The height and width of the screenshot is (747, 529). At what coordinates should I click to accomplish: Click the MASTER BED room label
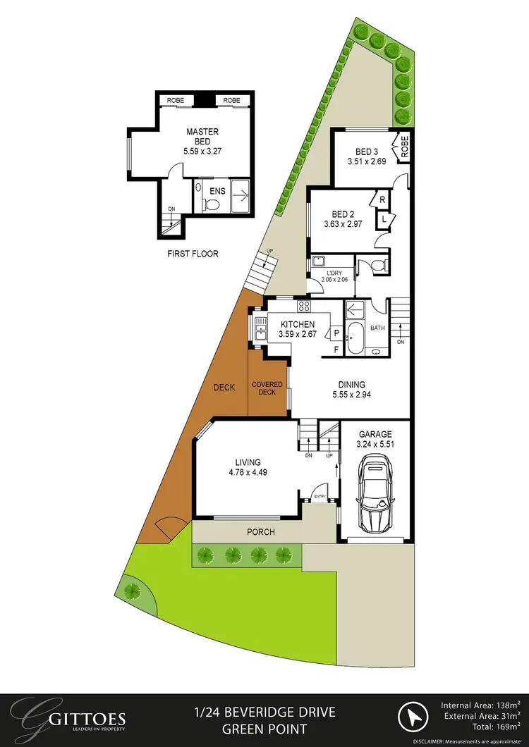(202, 136)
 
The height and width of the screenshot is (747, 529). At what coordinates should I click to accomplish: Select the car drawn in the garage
(374, 493)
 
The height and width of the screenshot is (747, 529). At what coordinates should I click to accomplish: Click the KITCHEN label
(297, 324)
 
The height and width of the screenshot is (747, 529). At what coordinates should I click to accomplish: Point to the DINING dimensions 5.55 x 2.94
(351, 395)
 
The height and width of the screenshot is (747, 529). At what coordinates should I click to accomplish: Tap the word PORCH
(260, 532)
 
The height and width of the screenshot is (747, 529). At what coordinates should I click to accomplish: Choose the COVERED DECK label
(267, 388)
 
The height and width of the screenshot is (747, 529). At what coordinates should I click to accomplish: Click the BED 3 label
(367, 152)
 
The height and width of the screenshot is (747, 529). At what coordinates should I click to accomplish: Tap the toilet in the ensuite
(212, 204)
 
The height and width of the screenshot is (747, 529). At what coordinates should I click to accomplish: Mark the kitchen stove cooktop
(305, 306)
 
